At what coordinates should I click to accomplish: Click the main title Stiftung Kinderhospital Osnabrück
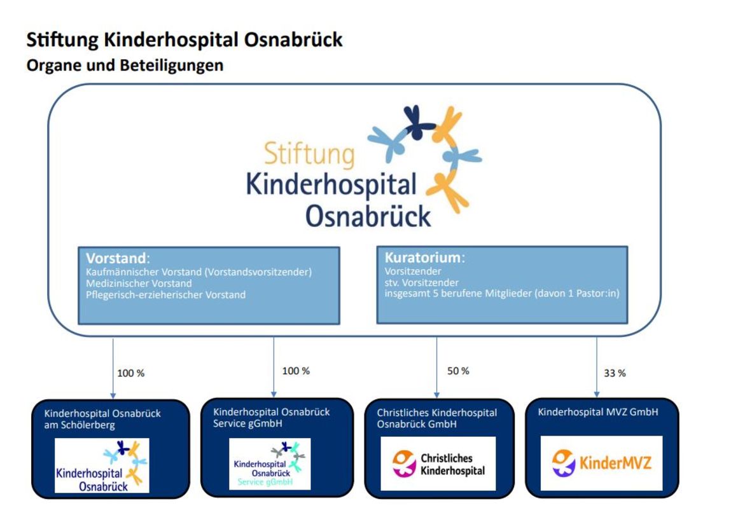pyautogui.click(x=184, y=40)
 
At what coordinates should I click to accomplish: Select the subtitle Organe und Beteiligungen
pyautogui.click(x=125, y=65)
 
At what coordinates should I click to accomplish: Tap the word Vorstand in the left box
pyautogui.click(x=116, y=258)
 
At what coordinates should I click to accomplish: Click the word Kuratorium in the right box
pyautogui.click(x=422, y=257)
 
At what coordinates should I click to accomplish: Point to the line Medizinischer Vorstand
pyautogui.click(x=139, y=284)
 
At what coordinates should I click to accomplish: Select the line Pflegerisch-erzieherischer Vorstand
pyautogui.click(x=165, y=295)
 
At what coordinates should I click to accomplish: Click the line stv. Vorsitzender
pyautogui.click(x=421, y=283)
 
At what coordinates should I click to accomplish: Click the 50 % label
pyautogui.click(x=458, y=371)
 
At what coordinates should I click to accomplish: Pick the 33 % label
pyautogui.click(x=615, y=373)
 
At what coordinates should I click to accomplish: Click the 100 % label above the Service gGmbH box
pyautogui.click(x=296, y=371)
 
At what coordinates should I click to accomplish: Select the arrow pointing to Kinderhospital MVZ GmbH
pyautogui.click(x=597, y=367)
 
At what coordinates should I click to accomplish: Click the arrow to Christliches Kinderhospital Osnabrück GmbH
pyautogui.click(x=437, y=367)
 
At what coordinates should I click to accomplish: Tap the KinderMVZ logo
pyautogui.click(x=601, y=464)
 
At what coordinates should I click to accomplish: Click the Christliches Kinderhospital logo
pyautogui.click(x=438, y=464)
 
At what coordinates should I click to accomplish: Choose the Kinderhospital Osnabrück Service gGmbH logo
pyautogui.click(x=270, y=464)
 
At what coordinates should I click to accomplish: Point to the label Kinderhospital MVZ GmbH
pyautogui.click(x=598, y=412)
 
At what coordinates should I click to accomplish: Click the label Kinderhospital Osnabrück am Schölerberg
pyautogui.click(x=102, y=419)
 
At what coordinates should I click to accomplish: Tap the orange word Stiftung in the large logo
pyautogui.click(x=309, y=154)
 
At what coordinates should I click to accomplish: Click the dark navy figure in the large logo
pyautogui.click(x=417, y=122)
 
